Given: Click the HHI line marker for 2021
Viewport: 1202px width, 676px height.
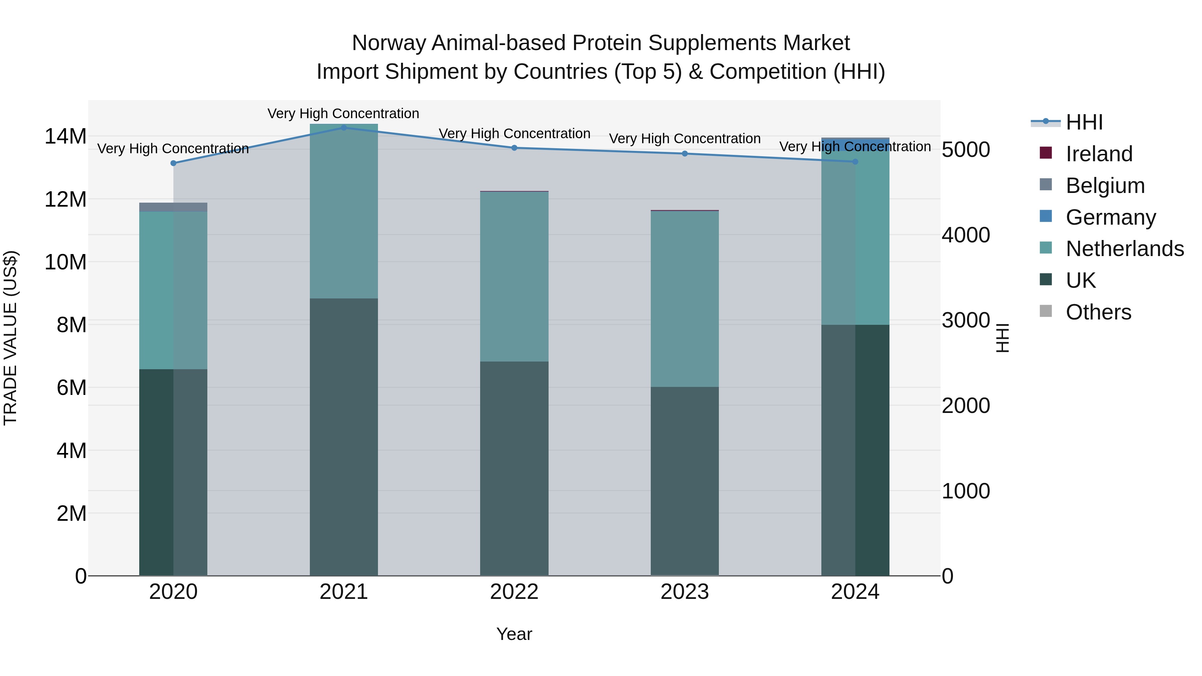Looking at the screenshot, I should [x=344, y=128].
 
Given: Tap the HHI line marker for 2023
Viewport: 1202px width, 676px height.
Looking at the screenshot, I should [x=684, y=154].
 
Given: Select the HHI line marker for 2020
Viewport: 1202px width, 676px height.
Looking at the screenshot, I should [x=173, y=163].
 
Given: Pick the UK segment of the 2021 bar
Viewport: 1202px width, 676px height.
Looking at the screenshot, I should [x=344, y=437].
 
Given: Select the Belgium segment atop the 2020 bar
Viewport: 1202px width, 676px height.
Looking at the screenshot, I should [x=173, y=207].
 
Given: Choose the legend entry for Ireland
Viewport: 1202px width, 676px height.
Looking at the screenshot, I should [x=1098, y=154].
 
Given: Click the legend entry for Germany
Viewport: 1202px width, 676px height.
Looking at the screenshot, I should [x=1110, y=217].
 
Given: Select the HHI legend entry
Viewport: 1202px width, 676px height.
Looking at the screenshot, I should [x=1084, y=122].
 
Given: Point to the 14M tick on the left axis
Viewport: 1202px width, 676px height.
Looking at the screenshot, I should [x=65, y=137].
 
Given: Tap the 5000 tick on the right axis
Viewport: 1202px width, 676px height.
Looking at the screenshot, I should [x=965, y=150].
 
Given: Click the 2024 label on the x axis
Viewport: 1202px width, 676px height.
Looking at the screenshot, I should [x=855, y=592].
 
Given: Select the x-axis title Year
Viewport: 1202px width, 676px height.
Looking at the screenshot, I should [x=514, y=634].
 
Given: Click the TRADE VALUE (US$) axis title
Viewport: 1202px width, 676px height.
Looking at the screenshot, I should [x=10, y=338].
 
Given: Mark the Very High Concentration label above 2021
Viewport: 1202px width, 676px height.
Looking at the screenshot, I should [x=344, y=114].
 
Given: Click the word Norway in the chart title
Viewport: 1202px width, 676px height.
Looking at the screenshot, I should [x=388, y=43].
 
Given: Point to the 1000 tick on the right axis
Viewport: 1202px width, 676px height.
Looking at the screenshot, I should [x=965, y=491].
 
